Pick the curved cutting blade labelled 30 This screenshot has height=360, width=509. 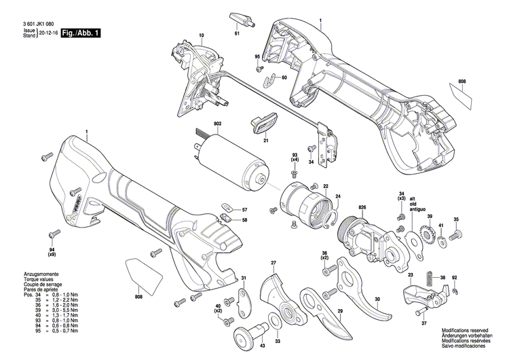366,292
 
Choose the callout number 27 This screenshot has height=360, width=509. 273,262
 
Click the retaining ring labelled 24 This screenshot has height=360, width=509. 335,217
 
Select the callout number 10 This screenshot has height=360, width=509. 201,35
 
